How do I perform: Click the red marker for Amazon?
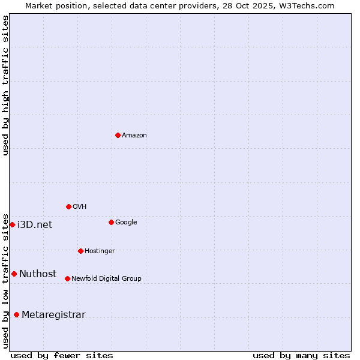click(118, 135)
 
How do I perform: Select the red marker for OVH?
click(68, 206)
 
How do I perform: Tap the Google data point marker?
click(111, 222)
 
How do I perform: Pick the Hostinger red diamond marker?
click(80, 251)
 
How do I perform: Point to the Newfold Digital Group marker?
click(67, 278)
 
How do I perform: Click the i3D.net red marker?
click(12, 224)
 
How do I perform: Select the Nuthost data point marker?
click(14, 274)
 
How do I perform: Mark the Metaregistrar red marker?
click(16, 314)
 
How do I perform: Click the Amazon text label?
click(134, 136)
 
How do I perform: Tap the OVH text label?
click(80, 207)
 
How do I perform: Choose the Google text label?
click(126, 223)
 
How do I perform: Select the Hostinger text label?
click(100, 251)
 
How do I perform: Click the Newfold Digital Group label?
click(106, 278)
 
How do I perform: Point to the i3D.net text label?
click(35, 225)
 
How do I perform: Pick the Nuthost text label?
click(38, 274)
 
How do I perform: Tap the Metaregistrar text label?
click(53, 315)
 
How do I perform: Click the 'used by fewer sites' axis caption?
click(62, 356)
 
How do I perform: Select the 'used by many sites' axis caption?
click(301, 356)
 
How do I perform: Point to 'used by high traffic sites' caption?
click(6, 85)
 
